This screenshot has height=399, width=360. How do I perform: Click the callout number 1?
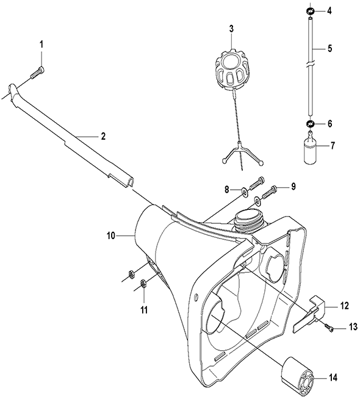point(41,45)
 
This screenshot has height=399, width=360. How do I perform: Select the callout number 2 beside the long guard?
point(103,136)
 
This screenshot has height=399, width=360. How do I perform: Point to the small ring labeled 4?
point(310,11)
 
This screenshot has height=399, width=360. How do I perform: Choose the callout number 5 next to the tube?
point(329,48)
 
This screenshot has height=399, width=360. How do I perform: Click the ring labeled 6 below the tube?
point(310,124)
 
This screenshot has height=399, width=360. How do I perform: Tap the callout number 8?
point(227,190)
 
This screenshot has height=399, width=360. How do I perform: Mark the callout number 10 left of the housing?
point(111,236)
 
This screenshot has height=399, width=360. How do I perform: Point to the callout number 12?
point(344,306)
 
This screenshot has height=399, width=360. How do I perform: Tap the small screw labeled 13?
point(328,327)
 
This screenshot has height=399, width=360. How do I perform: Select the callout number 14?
point(333,378)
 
